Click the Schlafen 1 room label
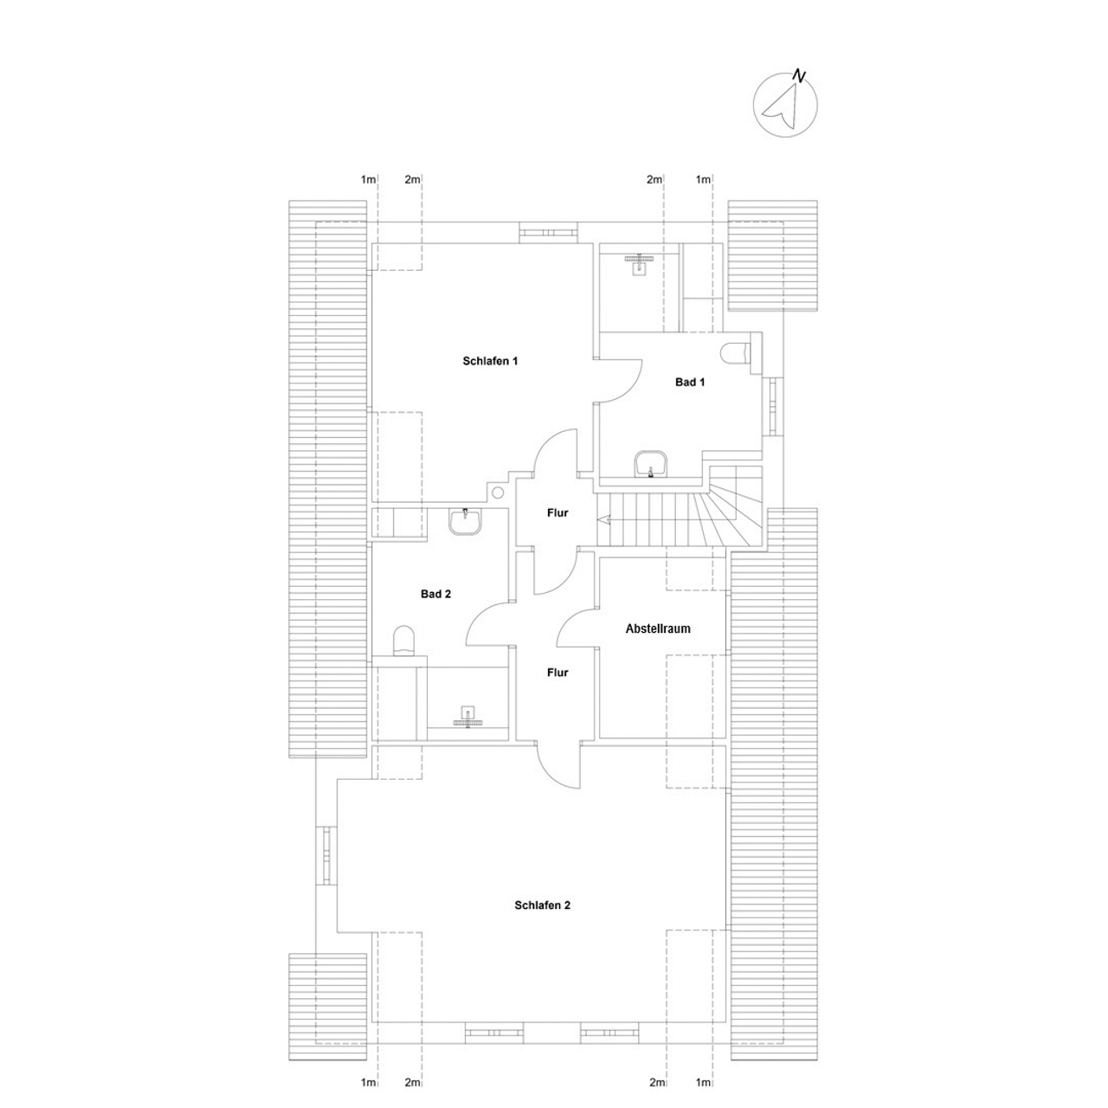[x=490, y=361]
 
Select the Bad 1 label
[x=689, y=382]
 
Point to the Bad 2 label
[x=435, y=594]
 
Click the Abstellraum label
[x=658, y=628]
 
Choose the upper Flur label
[x=557, y=513]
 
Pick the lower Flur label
[x=557, y=673]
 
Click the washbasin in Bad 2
[x=465, y=521]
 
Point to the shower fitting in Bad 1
[x=638, y=265]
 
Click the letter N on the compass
[x=799, y=74]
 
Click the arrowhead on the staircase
[x=603, y=519]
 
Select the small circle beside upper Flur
[x=498, y=493]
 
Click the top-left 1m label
[x=368, y=179]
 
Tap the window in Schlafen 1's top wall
[x=548, y=232]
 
